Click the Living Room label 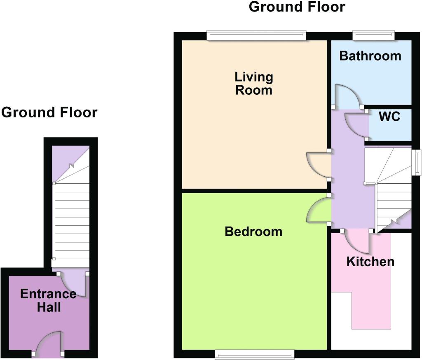click(254, 83)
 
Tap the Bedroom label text click(253, 231)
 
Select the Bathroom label click(370, 56)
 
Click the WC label click(389, 117)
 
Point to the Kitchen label click(370, 262)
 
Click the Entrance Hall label click(49, 301)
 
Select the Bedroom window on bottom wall click(255, 354)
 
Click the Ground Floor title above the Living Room click(297, 7)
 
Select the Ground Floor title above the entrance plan click(49, 112)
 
